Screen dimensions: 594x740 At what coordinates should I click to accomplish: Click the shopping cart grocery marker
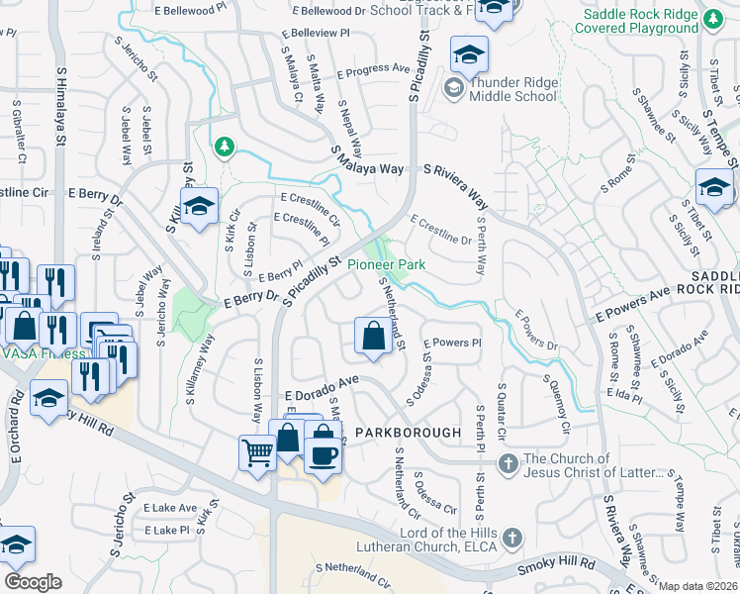point(257,452)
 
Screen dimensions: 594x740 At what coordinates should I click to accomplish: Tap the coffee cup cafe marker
point(324,455)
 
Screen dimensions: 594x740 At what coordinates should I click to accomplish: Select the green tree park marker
point(225,148)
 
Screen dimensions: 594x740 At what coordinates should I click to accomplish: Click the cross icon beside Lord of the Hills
point(510,538)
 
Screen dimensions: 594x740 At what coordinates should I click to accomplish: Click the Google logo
point(34,582)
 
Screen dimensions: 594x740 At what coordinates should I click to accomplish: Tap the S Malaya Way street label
point(367,161)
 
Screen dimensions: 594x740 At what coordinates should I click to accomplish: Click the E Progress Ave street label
point(373,69)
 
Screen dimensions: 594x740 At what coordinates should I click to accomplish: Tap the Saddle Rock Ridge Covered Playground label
point(654,21)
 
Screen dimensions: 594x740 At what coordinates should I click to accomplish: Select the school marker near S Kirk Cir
point(199,206)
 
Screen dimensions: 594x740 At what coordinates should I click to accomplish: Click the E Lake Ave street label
point(169,507)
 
